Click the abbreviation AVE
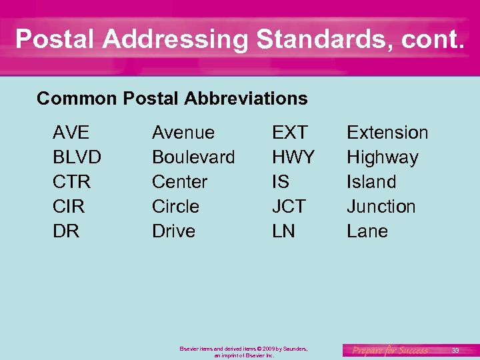click(x=71, y=133)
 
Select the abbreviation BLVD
click(x=77, y=157)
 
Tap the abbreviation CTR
click(x=71, y=182)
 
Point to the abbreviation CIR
click(x=69, y=207)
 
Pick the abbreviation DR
click(x=66, y=231)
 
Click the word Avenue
click(x=183, y=133)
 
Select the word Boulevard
click(x=193, y=157)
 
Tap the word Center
click(x=179, y=182)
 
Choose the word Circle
click(x=175, y=207)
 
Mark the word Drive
click(x=173, y=231)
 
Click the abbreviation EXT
click(x=289, y=133)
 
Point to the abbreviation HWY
click(x=293, y=157)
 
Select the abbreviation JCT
click(x=288, y=207)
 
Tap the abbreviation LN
click(x=283, y=231)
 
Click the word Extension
click(x=387, y=133)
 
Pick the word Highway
click(x=382, y=158)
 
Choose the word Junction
click(x=381, y=207)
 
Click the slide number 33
click(x=455, y=350)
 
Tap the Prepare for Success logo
click(x=390, y=350)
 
